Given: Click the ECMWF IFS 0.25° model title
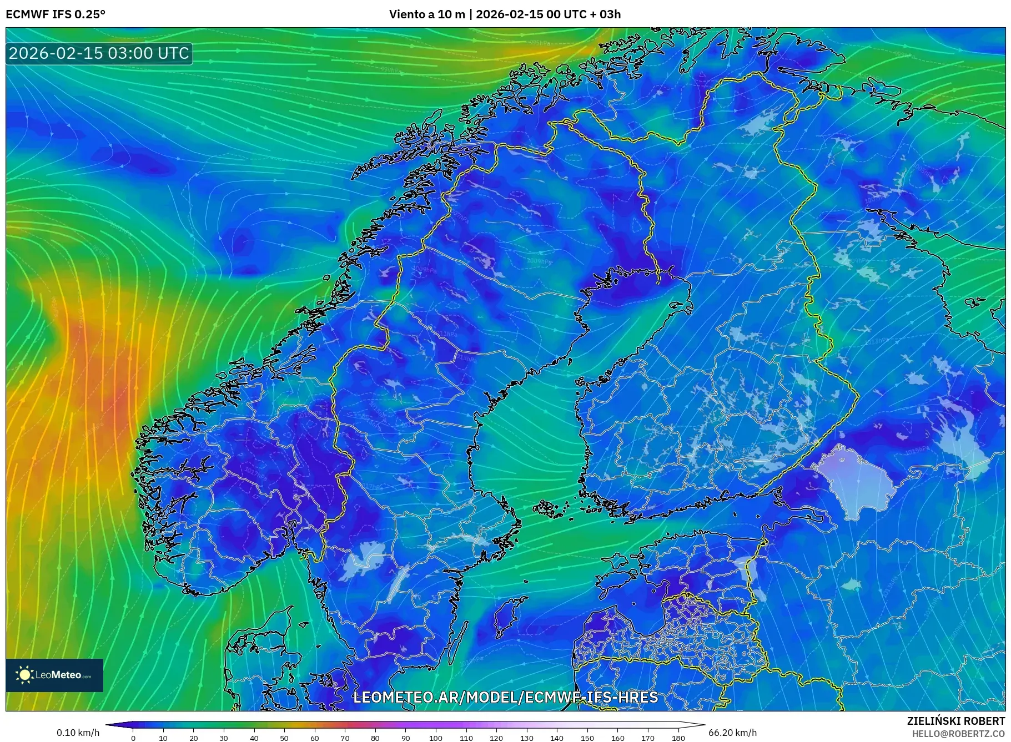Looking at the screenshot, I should point(56,14).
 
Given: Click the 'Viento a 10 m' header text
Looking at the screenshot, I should point(426,14).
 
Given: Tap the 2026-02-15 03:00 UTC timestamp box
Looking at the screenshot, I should point(99,53).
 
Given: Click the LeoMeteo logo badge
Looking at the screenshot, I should point(54,675).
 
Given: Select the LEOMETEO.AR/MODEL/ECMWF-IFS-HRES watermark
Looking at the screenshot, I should point(505,697).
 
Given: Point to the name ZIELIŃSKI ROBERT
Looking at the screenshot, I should point(955,721).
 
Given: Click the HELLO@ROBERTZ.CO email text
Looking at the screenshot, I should point(958,734).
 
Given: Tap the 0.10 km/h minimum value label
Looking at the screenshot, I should point(78,733).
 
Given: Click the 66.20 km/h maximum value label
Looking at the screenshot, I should point(732,733).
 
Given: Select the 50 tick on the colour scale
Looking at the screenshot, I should point(284,738).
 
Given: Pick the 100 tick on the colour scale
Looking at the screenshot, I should point(436,738).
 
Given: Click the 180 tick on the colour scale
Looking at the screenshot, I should point(678,738).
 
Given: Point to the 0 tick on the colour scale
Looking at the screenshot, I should point(133,738).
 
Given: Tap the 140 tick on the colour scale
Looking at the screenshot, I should point(557,738).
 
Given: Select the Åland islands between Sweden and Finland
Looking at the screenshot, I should point(549,508).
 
